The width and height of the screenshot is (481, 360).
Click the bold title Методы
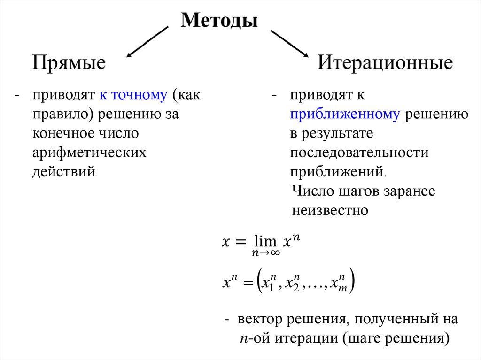(x=219, y=21)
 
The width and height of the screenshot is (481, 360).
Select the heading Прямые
(x=69, y=62)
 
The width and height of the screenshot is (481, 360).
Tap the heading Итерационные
(x=385, y=62)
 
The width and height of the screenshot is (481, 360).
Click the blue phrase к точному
(x=133, y=95)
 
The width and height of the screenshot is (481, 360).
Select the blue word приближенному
(x=345, y=114)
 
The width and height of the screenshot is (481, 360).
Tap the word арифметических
(x=89, y=153)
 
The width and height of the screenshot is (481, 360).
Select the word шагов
(x=357, y=191)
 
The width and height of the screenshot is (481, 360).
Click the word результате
(x=336, y=133)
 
